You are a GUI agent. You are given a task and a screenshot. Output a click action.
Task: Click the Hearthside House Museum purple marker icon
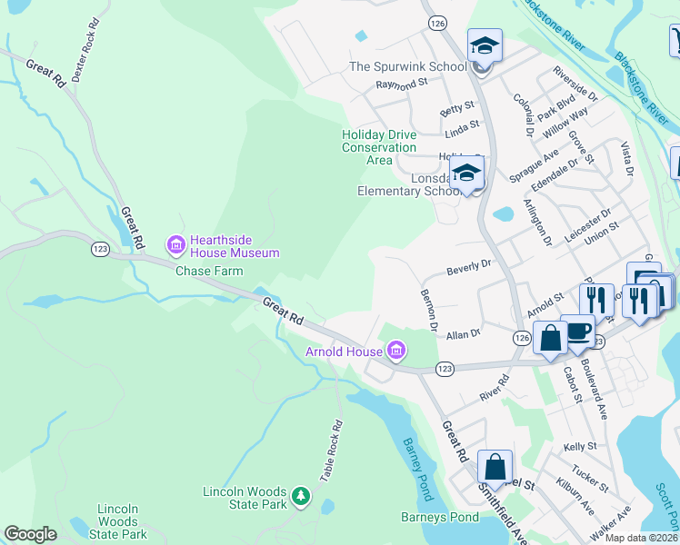pyautogui.click(x=175, y=243)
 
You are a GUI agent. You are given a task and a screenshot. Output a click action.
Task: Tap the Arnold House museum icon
pyautogui.click(x=395, y=350)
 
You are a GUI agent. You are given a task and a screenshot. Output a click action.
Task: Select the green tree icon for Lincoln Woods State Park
pyautogui.click(x=300, y=498)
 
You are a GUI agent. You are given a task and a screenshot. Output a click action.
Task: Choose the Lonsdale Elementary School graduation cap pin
pyautogui.click(x=466, y=173)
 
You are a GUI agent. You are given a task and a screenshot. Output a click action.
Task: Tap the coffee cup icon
pyautogui.click(x=577, y=332)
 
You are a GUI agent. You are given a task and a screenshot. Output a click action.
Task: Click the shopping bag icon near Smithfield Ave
pyautogui.click(x=495, y=468)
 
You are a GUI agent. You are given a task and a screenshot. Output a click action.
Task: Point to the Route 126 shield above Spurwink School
pyautogui.click(x=437, y=22)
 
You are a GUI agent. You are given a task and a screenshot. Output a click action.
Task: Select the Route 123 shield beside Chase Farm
pyautogui.click(x=100, y=247)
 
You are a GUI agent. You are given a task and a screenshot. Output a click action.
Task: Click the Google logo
pyautogui.click(x=31, y=534)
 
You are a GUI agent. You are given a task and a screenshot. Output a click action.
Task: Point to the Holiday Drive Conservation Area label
pyautogui.click(x=379, y=147)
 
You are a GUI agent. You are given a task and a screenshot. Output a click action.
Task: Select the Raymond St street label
pyautogui.click(x=402, y=84)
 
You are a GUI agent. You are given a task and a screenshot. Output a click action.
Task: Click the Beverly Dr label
pyautogui.click(x=468, y=265)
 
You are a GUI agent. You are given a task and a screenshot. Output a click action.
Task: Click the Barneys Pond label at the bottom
pyautogui.click(x=439, y=517)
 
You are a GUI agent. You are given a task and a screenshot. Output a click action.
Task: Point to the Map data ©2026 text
pyautogui.click(x=641, y=538)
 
